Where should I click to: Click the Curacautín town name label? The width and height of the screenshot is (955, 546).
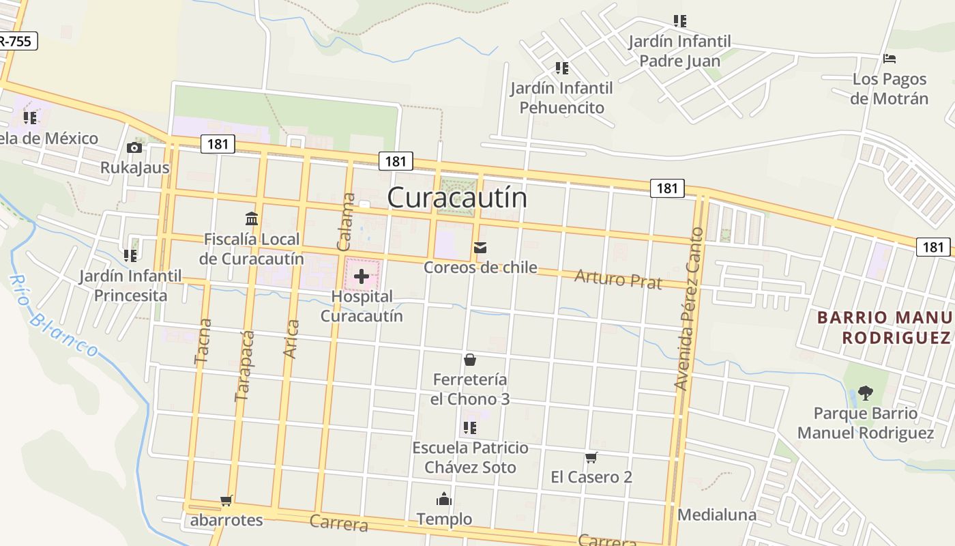[x=457, y=197]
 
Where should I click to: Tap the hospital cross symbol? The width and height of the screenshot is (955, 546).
[x=362, y=276]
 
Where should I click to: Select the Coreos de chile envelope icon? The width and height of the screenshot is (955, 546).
[x=480, y=248]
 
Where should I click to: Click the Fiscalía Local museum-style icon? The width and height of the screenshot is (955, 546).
[x=252, y=219]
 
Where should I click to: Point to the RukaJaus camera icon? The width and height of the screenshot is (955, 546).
[x=134, y=147]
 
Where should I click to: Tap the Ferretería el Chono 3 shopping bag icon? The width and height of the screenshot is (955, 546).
[x=470, y=360]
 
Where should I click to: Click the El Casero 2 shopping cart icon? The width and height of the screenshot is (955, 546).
[x=591, y=457]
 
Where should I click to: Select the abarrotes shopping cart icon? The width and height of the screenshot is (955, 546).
[x=226, y=501]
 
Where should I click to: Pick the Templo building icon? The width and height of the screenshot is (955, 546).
[x=444, y=500]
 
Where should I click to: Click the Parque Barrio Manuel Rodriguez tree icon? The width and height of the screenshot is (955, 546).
[x=866, y=393]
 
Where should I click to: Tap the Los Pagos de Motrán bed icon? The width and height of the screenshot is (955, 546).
[x=890, y=59]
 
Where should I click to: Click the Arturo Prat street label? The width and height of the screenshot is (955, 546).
[x=618, y=278]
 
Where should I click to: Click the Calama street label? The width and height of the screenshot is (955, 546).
[x=347, y=222]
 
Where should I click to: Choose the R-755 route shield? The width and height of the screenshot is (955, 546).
[x=15, y=41]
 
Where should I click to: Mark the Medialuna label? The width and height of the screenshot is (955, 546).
[x=717, y=515]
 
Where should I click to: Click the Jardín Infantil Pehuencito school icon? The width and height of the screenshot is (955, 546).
[x=562, y=68]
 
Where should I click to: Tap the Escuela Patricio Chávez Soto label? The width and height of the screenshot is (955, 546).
[x=470, y=457]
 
